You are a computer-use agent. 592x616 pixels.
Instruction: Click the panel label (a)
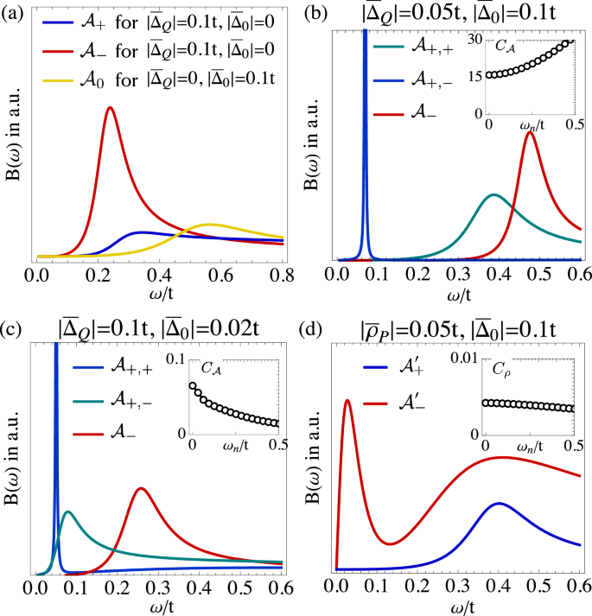point(12,10)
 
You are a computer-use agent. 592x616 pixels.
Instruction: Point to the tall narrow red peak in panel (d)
point(347,400)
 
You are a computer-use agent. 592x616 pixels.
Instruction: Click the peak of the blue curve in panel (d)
point(499,503)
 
